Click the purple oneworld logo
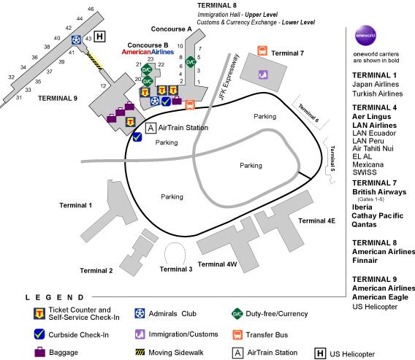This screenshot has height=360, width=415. coord(365,36)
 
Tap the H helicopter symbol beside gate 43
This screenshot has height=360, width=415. coord(99,37)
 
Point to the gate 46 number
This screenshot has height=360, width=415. coord(91,9)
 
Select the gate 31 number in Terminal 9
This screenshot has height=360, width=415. coord(19,98)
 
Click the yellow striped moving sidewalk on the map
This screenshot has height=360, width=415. coord(94,61)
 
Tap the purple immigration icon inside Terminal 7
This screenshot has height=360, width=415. coord(263,74)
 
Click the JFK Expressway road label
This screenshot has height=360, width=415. coord(229,77)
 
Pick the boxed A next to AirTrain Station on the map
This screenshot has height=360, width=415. coord(151,128)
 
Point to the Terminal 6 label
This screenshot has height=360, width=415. coord(309,112)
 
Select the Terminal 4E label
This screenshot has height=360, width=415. coord(316,221)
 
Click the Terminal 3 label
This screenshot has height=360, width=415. coord(176,269)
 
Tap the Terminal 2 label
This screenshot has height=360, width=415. coord(96,271)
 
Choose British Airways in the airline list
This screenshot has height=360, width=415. coord(379,192)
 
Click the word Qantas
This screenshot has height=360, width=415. coord(364,225)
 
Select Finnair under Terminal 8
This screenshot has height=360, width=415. coord(365,261)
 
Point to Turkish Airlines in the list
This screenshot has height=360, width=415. coord(378,93)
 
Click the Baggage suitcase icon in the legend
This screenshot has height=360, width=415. coord(40,352)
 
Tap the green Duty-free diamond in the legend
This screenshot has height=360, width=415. coord(237,314)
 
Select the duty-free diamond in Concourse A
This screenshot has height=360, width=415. coord(191,62)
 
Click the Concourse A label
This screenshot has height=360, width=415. coord(171,29)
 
